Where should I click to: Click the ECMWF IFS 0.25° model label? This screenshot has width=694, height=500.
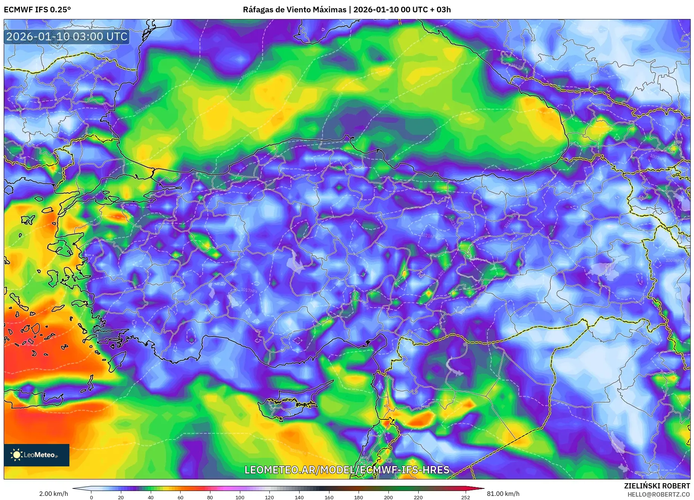point(37,10)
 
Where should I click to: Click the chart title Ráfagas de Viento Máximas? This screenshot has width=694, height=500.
point(294,10)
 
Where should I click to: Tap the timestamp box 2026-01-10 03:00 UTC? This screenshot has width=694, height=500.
point(67,37)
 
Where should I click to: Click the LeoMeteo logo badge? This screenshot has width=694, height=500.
point(37,455)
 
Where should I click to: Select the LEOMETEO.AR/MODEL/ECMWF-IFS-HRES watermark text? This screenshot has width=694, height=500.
point(347,470)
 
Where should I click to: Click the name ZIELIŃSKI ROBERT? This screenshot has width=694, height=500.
point(657,486)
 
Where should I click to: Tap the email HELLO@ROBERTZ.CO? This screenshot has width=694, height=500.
point(659,494)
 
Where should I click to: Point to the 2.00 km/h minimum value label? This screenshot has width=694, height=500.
point(53,494)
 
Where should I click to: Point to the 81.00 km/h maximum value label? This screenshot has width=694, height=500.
point(503,494)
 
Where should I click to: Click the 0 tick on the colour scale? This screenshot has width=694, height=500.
point(91,497)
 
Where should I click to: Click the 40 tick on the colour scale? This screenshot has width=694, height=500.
point(151,497)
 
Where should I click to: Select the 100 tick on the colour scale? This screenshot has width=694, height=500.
point(240,497)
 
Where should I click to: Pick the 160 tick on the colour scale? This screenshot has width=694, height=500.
point(329,497)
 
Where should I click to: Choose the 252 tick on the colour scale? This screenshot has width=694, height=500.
point(465,497)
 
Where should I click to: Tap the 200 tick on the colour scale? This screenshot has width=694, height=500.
point(388,497)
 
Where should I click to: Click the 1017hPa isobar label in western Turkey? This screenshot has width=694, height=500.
point(249,290)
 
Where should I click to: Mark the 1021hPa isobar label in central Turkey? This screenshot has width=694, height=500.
point(428,236)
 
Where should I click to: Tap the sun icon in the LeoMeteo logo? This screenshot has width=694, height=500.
point(17,455)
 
